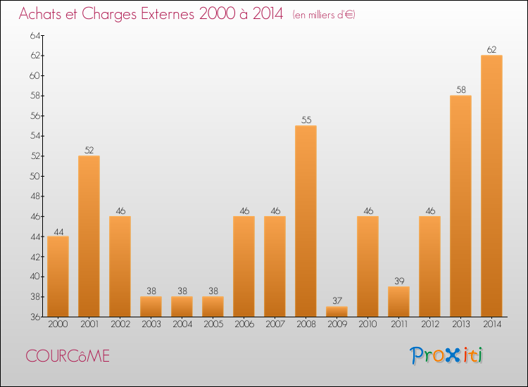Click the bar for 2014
pyautogui.click(x=491, y=186)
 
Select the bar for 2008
pyautogui.click(x=306, y=221)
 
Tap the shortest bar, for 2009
pyautogui.click(x=337, y=311)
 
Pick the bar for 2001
pyautogui.click(x=89, y=236)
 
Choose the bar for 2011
pyautogui.click(x=398, y=301)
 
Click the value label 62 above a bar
pyautogui.click(x=491, y=50)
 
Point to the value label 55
pyautogui.click(x=306, y=120)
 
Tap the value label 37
pyautogui.click(x=337, y=301)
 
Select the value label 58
pyautogui.click(x=460, y=90)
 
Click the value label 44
pyautogui.click(x=58, y=231)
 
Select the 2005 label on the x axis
pyautogui.click(x=213, y=324)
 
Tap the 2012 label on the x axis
pyautogui.click(x=429, y=324)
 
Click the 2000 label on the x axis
pyautogui.click(x=58, y=324)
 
